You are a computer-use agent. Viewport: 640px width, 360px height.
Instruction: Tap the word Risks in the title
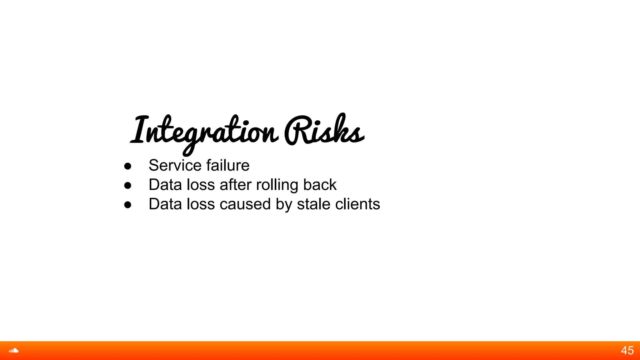324,131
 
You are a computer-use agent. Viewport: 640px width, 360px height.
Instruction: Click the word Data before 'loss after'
165,185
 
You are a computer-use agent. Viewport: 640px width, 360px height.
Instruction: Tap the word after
236,185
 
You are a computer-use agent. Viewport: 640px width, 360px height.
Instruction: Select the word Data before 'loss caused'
165,204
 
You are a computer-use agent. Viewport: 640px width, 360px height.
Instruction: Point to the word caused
245,204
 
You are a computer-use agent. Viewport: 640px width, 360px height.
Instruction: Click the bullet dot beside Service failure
127,166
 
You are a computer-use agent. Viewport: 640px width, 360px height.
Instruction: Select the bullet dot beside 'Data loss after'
127,185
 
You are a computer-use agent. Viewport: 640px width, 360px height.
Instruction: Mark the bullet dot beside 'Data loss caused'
127,205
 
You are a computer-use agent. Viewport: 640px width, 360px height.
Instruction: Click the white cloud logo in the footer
13,351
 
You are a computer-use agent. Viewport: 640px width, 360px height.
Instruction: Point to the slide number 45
627,351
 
